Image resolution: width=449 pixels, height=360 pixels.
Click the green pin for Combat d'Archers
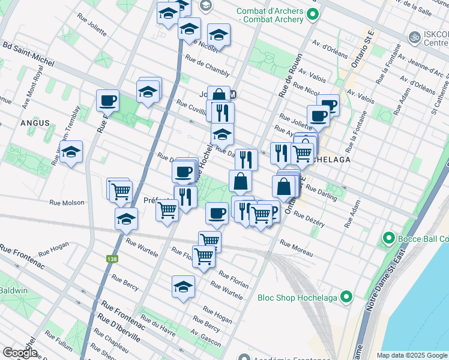312,14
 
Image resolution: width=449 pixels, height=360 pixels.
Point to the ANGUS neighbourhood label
34,122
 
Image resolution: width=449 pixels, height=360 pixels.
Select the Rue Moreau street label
296,249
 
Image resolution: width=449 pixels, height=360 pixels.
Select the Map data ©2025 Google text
412,355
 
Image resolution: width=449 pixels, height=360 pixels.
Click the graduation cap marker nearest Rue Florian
183,287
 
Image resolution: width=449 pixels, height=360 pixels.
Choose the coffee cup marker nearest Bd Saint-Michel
108,100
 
